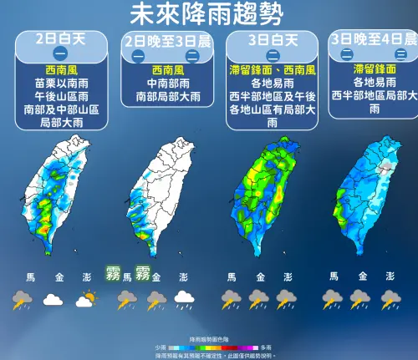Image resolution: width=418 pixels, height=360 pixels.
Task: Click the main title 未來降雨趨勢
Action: point(206,14)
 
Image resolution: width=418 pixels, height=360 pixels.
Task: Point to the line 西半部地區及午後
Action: point(271,96)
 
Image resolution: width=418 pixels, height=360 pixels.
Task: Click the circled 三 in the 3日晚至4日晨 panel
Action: point(400,55)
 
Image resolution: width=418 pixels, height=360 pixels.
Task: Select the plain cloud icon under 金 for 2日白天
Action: point(52,299)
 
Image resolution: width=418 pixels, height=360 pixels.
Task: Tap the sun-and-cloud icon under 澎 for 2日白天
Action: point(85,299)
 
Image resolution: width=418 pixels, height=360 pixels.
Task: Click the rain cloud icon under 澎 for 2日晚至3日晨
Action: point(181,299)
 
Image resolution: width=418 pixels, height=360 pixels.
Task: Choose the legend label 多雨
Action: point(265,346)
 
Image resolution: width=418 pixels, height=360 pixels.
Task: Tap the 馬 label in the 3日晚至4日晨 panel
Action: point(333,276)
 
